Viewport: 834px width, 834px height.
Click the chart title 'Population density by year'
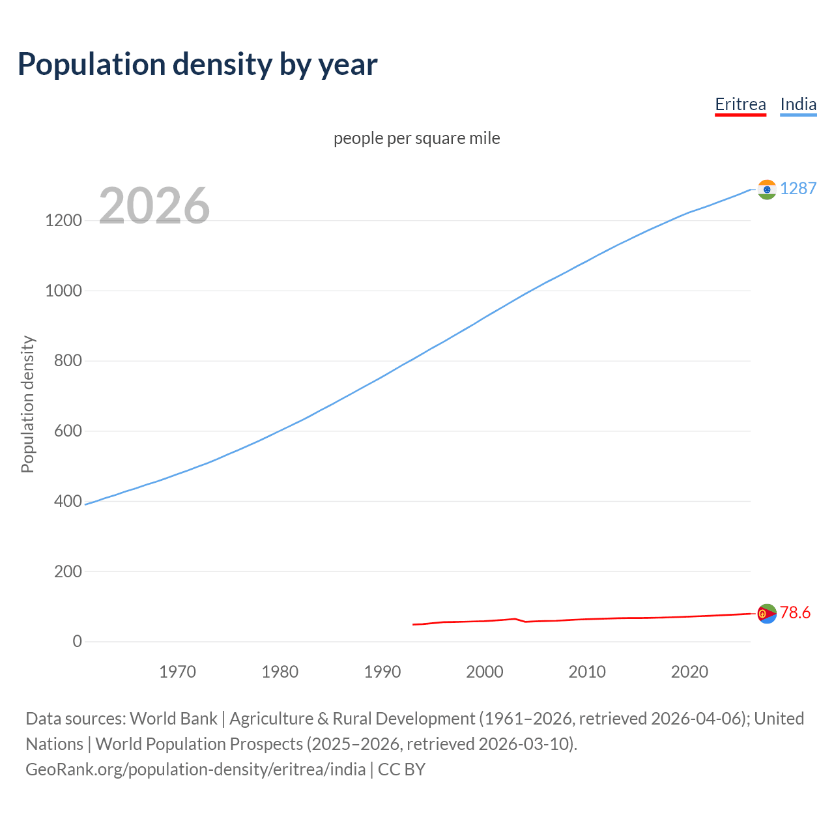[x=197, y=65]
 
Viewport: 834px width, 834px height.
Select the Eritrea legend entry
[x=740, y=104]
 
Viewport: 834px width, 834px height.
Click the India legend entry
[x=798, y=104]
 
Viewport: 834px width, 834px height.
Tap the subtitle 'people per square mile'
[x=416, y=138]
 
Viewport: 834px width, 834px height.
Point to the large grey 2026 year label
[x=154, y=206]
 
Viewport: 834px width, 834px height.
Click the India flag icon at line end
[x=767, y=190]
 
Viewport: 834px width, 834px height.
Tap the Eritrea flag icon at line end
[x=767, y=613]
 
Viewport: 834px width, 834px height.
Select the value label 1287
[x=798, y=188]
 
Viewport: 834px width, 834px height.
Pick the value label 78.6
[x=795, y=612]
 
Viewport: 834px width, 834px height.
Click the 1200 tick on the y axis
[x=63, y=220]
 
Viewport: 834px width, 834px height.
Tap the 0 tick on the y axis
[x=78, y=641]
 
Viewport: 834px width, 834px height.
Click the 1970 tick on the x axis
[x=177, y=672]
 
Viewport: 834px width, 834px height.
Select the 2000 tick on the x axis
[x=485, y=672]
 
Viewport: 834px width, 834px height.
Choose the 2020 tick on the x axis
[x=689, y=672]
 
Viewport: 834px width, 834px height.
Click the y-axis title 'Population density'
[x=27, y=404]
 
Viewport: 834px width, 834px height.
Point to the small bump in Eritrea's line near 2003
[x=515, y=619]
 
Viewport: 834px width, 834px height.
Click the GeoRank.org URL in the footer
[x=195, y=769]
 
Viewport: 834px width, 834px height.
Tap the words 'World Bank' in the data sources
[x=173, y=719]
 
